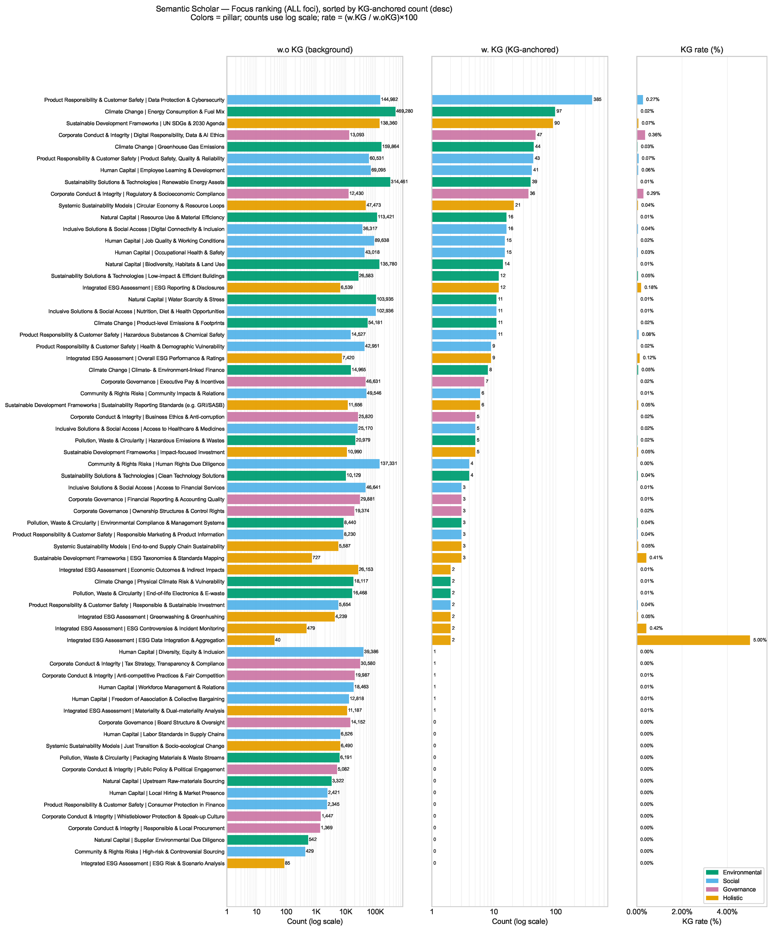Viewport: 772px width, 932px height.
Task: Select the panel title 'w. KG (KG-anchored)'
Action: [x=519, y=50]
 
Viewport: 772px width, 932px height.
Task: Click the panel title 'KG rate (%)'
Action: [x=701, y=50]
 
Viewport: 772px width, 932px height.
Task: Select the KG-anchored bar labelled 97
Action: [x=493, y=111]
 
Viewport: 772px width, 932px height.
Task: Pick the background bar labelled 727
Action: [x=269, y=558]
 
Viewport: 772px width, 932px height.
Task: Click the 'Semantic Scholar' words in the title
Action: [x=187, y=9]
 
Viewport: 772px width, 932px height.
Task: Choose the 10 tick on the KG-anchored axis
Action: [x=494, y=911]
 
